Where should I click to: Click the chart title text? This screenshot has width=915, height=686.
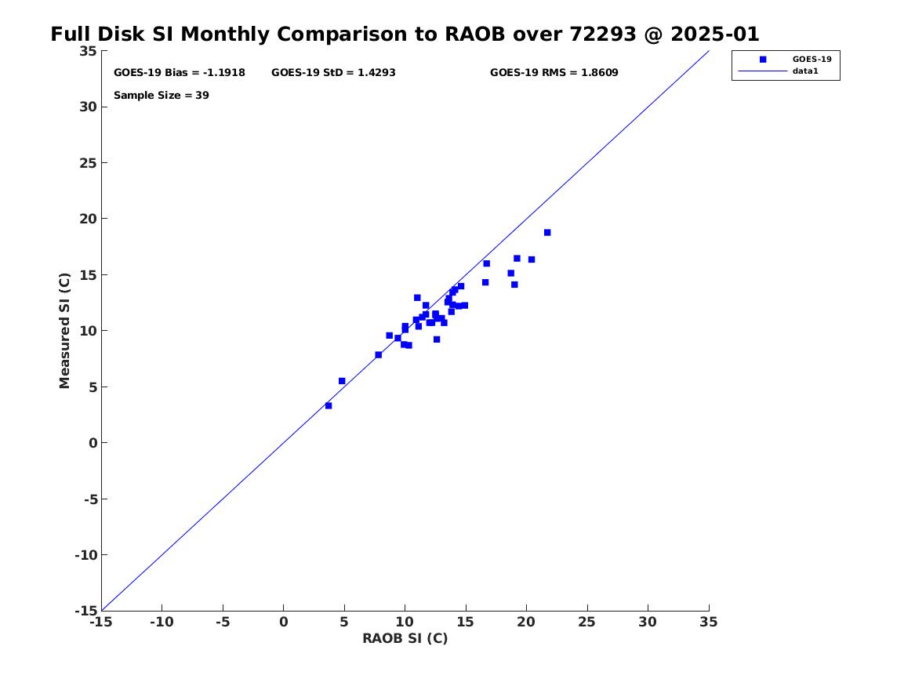coord(405,34)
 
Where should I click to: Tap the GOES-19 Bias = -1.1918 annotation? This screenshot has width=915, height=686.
coord(180,72)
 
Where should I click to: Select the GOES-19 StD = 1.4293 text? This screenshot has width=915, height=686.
coord(333,72)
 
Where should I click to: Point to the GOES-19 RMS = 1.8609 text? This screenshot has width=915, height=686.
coord(554,72)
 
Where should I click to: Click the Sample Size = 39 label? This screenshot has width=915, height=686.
coord(161,96)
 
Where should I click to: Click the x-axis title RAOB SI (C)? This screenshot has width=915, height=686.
coord(405,638)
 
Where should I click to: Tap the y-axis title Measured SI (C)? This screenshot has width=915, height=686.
coord(65,330)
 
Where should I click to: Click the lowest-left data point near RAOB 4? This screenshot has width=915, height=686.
coord(329,405)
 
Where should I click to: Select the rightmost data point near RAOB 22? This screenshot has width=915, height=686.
coord(547,232)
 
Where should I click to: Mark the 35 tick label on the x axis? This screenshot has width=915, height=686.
coord(709,622)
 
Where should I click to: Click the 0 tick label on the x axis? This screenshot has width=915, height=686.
coord(283,622)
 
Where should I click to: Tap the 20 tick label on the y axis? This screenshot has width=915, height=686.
coord(89,219)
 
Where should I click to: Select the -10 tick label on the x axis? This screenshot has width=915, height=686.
coord(162,622)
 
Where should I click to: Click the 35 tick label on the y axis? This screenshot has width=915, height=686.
coord(89,51)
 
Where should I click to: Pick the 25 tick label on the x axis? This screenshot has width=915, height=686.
coord(587,622)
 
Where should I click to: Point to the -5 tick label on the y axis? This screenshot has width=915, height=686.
coord(89,499)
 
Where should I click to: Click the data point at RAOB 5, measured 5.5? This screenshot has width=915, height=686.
coord(342,381)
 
